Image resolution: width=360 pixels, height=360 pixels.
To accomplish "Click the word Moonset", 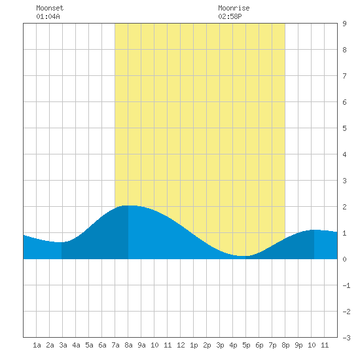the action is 50,8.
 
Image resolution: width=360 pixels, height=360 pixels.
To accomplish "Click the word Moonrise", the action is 234,8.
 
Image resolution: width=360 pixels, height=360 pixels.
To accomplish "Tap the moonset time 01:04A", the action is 48,16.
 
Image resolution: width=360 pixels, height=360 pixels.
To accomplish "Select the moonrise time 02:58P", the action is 230,16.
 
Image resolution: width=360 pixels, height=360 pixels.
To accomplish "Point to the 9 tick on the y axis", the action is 344,24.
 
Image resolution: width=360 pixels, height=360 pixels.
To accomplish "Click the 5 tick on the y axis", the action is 344,128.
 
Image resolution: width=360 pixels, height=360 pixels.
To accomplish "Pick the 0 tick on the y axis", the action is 344,259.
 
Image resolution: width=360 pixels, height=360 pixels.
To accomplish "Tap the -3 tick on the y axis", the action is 346,338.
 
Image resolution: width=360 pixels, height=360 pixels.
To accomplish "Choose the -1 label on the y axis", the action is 346,285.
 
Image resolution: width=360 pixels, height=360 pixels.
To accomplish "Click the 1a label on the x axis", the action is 37,345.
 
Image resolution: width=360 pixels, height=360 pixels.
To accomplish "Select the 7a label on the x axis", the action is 115,345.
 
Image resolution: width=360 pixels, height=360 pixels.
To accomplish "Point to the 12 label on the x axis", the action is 181,345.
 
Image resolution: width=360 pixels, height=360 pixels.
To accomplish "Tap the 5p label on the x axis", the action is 246,345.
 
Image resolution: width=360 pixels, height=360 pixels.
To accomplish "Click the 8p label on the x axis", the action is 285,345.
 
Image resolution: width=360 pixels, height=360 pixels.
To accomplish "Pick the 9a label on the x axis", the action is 141,345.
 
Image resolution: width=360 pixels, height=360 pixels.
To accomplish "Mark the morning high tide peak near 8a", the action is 129,206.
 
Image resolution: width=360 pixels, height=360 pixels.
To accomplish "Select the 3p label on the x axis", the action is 220,345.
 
